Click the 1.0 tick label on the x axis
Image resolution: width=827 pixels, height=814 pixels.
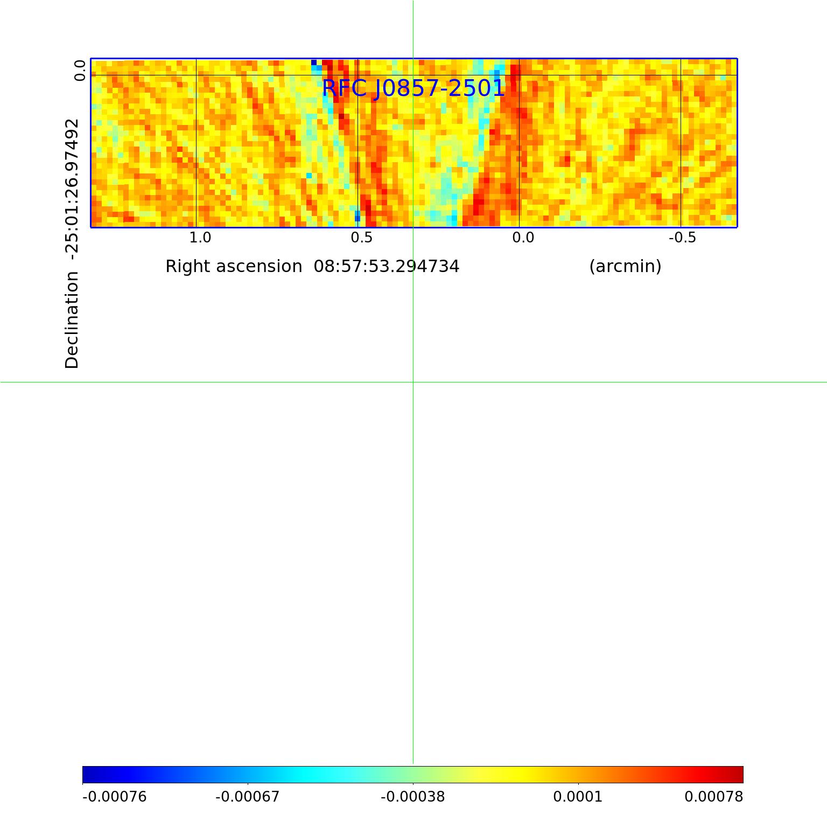tap(200, 238)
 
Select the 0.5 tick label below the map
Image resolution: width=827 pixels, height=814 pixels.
tap(361, 238)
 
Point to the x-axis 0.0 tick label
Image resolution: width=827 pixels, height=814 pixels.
tap(523, 238)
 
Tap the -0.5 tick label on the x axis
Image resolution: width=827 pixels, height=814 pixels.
tap(682, 238)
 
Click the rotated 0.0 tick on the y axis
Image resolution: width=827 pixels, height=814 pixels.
tap(80, 71)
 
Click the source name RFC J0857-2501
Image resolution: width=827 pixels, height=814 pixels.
tap(413, 88)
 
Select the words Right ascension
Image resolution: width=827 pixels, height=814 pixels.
tap(234, 267)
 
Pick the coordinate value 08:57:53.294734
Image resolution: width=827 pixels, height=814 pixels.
tap(387, 267)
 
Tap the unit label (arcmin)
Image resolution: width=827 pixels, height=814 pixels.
tap(625, 267)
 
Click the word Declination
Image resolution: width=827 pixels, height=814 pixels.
tap(72, 320)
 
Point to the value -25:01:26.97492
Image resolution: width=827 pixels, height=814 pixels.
tap(72, 186)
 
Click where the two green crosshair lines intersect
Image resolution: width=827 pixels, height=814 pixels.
tap(413, 382)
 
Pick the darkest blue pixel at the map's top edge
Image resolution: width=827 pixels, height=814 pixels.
tap(314, 62)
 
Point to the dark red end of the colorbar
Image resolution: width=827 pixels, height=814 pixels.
tap(739, 775)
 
